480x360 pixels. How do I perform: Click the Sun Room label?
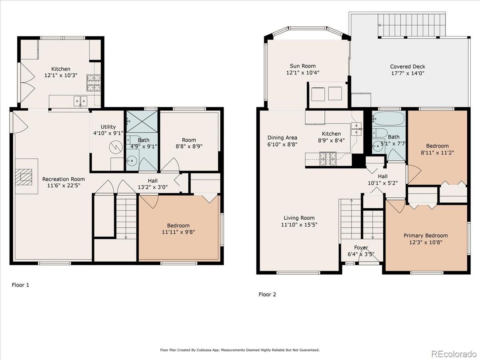pos(303,66)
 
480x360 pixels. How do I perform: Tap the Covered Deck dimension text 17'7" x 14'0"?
pos(408,73)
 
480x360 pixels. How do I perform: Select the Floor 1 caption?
pos(20,285)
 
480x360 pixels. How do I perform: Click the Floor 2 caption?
pos(267,294)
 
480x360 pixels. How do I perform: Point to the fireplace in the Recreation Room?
pos(24,177)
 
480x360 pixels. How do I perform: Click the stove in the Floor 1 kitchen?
pos(94,83)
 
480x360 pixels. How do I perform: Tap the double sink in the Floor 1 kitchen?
pos(80,101)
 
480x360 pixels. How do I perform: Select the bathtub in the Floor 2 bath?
pos(388,119)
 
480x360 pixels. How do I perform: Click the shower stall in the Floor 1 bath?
pos(142,122)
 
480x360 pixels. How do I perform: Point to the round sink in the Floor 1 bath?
pos(132,161)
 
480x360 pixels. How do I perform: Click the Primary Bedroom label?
pos(426,236)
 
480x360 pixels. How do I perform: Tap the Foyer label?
pos(361,248)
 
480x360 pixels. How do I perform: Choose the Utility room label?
pos(108,127)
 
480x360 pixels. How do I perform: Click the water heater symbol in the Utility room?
pos(116,147)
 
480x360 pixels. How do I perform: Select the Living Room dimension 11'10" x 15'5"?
pos(299,224)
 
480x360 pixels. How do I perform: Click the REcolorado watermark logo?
pos(454,354)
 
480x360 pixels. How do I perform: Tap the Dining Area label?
pos(282,138)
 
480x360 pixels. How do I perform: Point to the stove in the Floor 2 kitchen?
pos(328,159)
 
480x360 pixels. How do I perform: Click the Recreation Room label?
pos(64,179)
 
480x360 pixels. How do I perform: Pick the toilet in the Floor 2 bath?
pos(380,133)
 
